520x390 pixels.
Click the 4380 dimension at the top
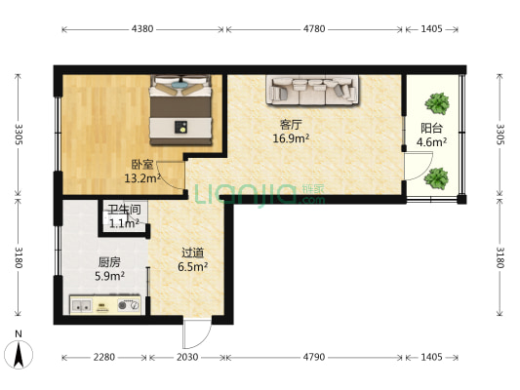pyautogui.click(x=142, y=29)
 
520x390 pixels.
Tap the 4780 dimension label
pyautogui.click(x=314, y=29)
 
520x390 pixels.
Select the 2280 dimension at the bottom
pyautogui.click(x=104, y=357)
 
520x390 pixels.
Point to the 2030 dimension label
pyautogui.click(x=187, y=357)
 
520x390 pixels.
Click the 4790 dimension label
pyautogui.click(x=314, y=357)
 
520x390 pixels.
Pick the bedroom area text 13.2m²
pyautogui.click(x=142, y=178)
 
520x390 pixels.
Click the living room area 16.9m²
pyautogui.click(x=291, y=138)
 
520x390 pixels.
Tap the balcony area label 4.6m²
pyautogui.click(x=431, y=142)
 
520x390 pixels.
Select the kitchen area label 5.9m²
pyautogui.click(x=109, y=276)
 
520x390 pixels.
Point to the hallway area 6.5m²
pyautogui.click(x=192, y=266)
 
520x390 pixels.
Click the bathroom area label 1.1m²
pyautogui.click(x=124, y=223)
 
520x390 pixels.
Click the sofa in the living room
pyautogui.click(x=312, y=90)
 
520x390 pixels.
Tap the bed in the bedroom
pyautogui.click(x=180, y=110)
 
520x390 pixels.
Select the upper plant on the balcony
pyautogui.click(x=437, y=103)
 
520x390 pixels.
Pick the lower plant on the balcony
pyautogui.click(x=436, y=178)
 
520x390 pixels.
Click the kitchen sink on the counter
pyautogui.click(x=82, y=305)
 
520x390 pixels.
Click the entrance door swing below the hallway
pyautogui.click(x=197, y=334)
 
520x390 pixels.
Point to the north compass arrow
pyautogui.click(x=19, y=355)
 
